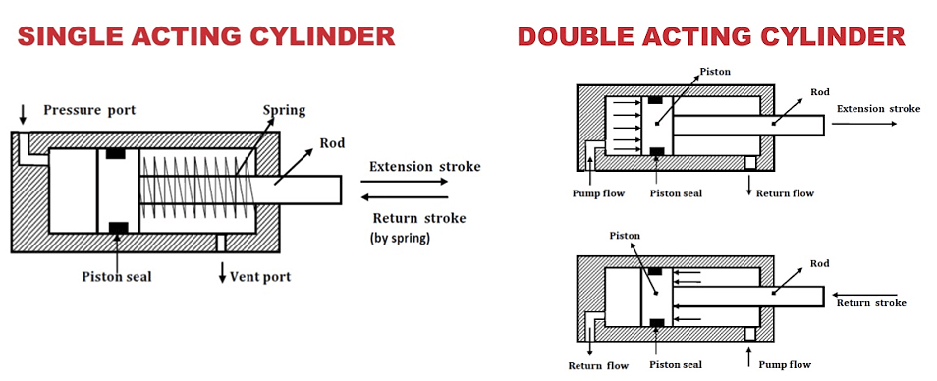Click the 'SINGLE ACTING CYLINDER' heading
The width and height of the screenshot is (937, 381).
[206, 37]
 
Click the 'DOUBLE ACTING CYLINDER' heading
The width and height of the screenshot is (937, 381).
[711, 37]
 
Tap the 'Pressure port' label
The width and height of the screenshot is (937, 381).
[89, 111]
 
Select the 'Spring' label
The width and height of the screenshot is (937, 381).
[285, 111]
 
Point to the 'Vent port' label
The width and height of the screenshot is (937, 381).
[260, 277]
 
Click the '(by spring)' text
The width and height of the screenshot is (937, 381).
[400, 237]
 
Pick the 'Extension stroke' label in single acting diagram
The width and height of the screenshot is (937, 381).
[425, 166]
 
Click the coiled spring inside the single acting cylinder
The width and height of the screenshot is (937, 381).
[197, 182]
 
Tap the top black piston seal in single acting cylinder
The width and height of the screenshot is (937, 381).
[115, 153]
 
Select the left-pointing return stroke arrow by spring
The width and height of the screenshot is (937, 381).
[405, 197]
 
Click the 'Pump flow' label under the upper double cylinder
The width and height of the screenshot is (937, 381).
[598, 193]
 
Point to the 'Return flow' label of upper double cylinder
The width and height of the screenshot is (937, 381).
[785, 193]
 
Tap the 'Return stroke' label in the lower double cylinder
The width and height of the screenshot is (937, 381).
[871, 303]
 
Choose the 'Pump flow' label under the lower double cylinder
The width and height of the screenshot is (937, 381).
[785, 365]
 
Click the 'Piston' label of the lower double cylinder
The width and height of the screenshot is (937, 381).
[625, 236]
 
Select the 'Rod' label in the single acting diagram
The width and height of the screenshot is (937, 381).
[332, 143]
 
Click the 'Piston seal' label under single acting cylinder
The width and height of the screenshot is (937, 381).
[117, 277]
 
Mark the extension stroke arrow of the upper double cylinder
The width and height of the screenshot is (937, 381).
[864, 124]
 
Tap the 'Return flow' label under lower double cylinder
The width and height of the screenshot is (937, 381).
[598, 365]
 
